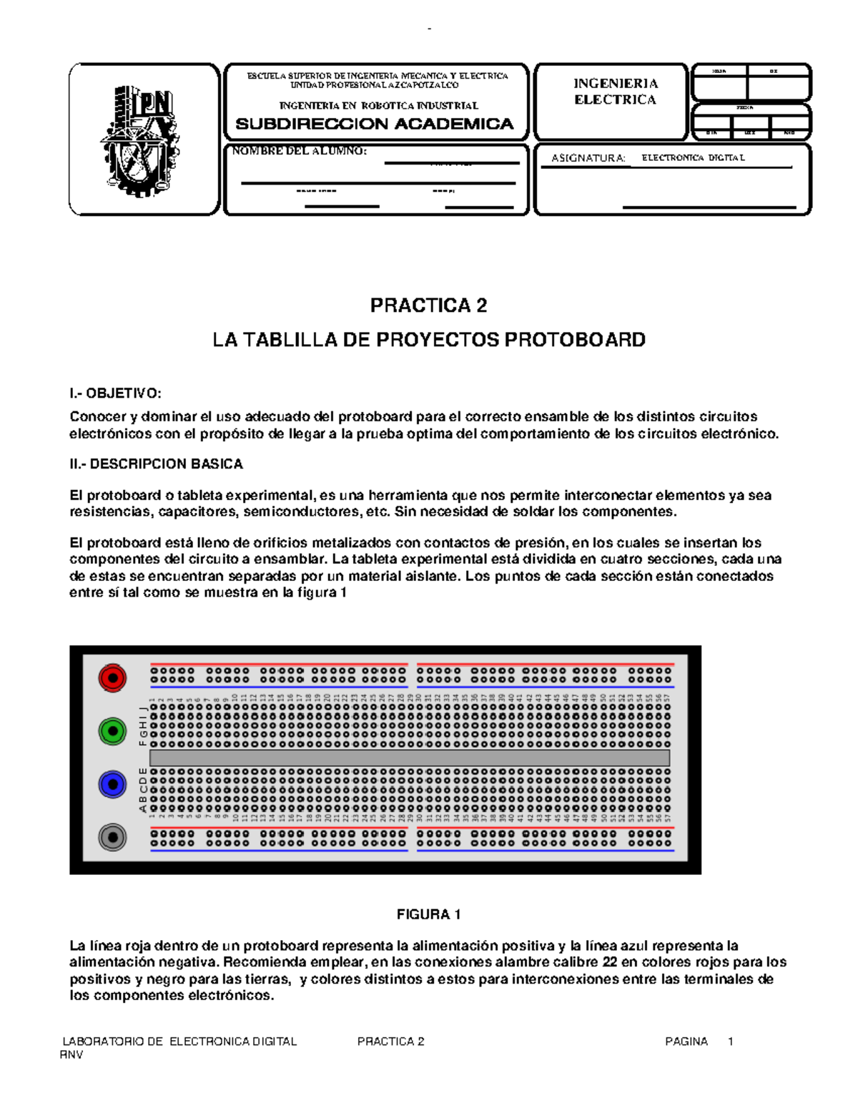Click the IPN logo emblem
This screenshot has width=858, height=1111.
140,140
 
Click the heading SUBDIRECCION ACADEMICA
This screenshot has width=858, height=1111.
375,124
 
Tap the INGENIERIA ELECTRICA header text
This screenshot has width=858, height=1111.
615,92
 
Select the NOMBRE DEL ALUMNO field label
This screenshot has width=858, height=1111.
299,151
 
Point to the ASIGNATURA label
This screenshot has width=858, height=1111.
588,158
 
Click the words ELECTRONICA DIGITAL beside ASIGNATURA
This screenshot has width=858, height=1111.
693,157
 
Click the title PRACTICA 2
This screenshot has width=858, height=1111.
428,305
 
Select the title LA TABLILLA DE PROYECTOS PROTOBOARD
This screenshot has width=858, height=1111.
428,339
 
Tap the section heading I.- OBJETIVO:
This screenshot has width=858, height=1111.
115,393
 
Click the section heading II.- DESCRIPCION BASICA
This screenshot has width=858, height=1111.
156,464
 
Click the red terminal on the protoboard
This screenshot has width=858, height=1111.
112,677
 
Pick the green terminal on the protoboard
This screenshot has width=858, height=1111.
112,730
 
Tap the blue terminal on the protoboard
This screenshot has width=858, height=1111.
112,784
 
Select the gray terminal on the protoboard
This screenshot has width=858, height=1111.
112,837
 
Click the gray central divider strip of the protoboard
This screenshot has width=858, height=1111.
409,758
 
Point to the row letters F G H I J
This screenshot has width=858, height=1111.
143,725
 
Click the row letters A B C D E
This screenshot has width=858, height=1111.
143,791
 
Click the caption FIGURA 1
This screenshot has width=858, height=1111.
428,914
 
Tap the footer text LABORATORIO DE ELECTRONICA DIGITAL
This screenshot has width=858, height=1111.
179,1042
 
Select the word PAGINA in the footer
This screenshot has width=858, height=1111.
686,1042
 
